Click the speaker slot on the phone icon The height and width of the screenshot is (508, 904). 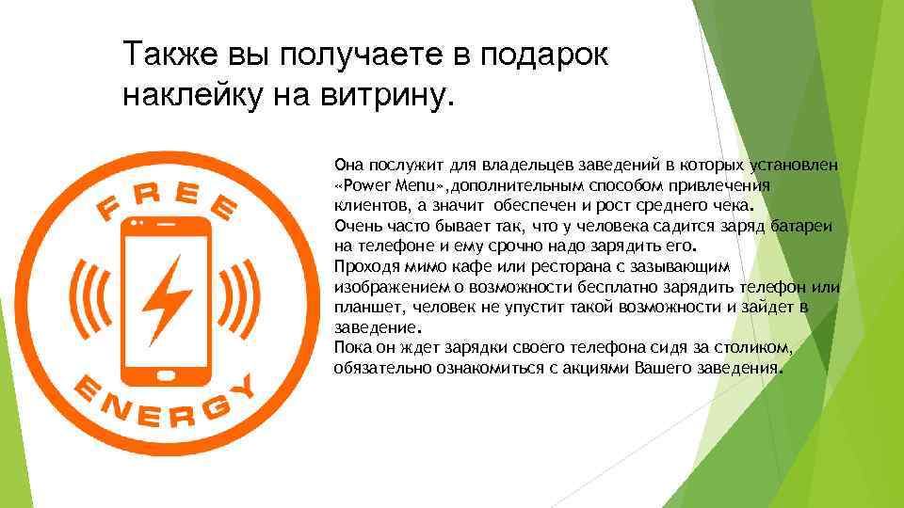(x=168, y=228)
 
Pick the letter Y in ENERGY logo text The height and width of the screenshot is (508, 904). (x=244, y=387)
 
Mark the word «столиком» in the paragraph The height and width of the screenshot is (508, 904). (x=759, y=348)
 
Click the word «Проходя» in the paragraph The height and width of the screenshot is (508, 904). (x=363, y=267)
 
